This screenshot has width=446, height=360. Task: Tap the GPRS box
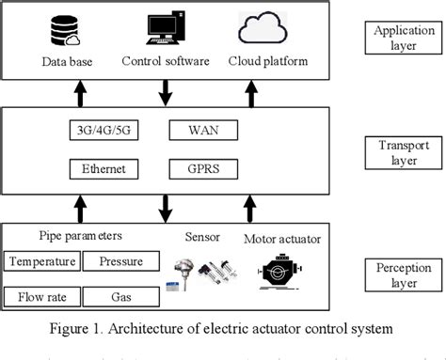point(203,169)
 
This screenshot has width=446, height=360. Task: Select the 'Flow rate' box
point(41,298)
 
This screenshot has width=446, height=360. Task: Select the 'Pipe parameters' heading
point(79,236)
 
